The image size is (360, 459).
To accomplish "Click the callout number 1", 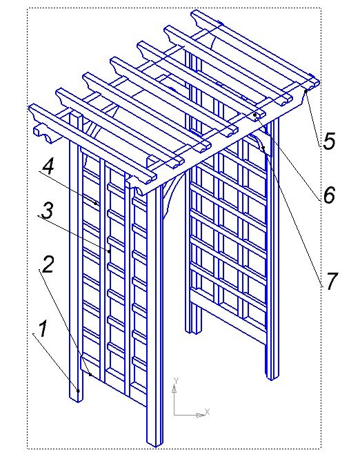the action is (x=43, y=329).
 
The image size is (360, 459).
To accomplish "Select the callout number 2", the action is (x=48, y=264).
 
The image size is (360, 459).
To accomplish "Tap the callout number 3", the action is (x=48, y=211).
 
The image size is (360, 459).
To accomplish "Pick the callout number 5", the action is (x=329, y=141).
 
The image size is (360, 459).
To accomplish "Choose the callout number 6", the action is (x=329, y=195).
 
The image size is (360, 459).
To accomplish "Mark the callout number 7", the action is (x=331, y=281).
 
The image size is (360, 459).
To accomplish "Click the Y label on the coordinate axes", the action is (x=176, y=380).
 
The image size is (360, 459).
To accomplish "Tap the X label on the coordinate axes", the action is (x=208, y=411).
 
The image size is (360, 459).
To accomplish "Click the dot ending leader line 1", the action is (x=78, y=391).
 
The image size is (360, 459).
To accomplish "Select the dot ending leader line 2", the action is (x=90, y=375).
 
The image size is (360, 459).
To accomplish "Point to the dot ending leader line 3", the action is (x=110, y=251).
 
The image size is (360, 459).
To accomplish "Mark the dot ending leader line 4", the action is (x=96, y=203).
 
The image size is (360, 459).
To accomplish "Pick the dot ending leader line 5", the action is (x=306, y=91).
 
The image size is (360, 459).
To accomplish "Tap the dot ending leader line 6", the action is (x=255, y=115).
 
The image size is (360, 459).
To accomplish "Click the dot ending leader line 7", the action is (x=263, y=148).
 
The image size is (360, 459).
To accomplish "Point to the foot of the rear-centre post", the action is (x=193, y=331).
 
